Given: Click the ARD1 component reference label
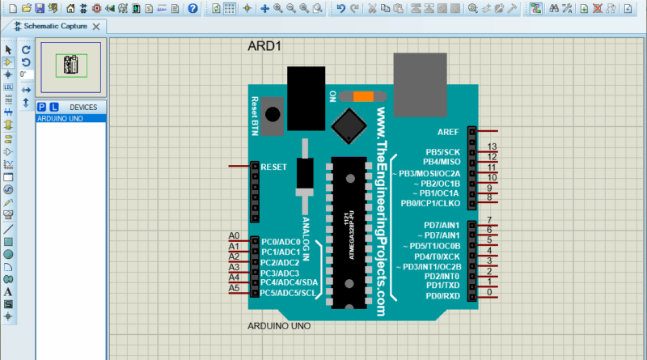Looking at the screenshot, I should tap(264, 46).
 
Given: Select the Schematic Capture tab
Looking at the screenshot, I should tap(55, 26).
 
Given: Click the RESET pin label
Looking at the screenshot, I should tap(274, 167).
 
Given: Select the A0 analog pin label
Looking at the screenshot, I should tap(235, 235).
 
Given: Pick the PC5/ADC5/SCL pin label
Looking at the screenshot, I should tap(287, 293).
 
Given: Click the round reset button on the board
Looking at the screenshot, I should tap(274, 116).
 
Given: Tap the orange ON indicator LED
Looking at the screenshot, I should tap(363, 96).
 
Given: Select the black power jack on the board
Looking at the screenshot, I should tap(306, 99).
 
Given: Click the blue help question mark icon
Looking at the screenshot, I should tap(192, 8).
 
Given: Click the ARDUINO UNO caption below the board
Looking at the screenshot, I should tap(278, 327).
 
